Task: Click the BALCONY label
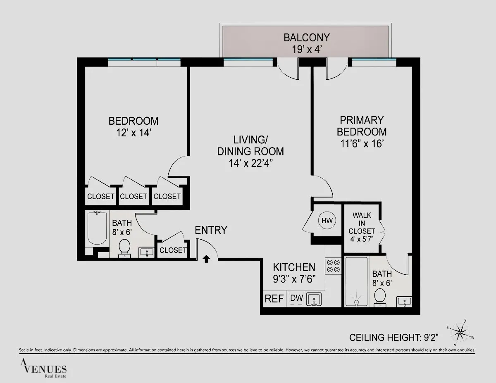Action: click(306, 38)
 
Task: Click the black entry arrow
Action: click(206, 258)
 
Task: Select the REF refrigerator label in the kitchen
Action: click(274, 299)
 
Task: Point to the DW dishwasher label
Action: click(296, 298)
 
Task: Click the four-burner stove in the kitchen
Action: click(333, 266)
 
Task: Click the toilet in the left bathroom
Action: click(124, 248)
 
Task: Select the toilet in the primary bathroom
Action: click(379, 297)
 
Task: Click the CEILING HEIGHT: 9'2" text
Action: click(393, 338)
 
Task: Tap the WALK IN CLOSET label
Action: click(362, 223)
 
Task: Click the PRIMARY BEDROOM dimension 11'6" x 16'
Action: click(362, 144)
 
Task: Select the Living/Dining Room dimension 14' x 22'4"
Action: click(250, 163)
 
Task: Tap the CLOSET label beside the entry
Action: click(173, 250)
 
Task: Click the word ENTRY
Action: click(211, 230)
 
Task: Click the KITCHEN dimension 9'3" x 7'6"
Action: click(294, 278)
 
